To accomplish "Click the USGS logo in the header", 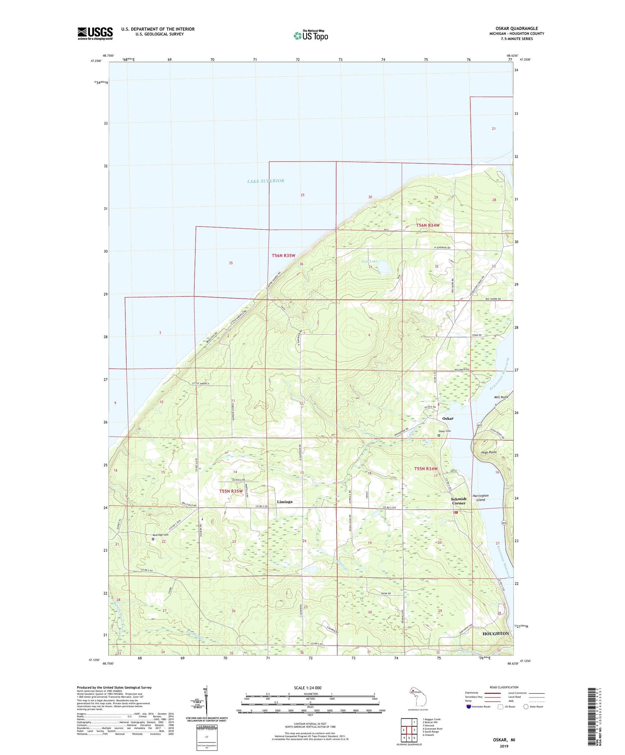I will [x=95, y=33].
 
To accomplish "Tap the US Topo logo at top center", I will [x=310, y=36].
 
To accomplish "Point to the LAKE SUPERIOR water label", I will [x=265, y=181].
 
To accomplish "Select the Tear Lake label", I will [x=369, y=262].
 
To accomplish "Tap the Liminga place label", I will [x=285, y=502].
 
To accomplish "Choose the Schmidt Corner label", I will [x=459, y=501].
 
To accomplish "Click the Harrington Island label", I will [x=480, y=498].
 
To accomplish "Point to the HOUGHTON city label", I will [x=495, y=633].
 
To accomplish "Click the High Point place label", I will [x=489, y=452].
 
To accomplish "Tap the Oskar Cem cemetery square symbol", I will [x=438, y=436].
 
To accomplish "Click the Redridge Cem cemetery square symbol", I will [x=153, y=539].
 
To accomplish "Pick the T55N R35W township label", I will [x=231, y=491].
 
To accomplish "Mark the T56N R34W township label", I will [x=428, y=225].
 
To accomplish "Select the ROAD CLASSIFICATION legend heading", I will [x=504, y=687].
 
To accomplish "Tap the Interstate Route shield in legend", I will [x=468, y=707].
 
